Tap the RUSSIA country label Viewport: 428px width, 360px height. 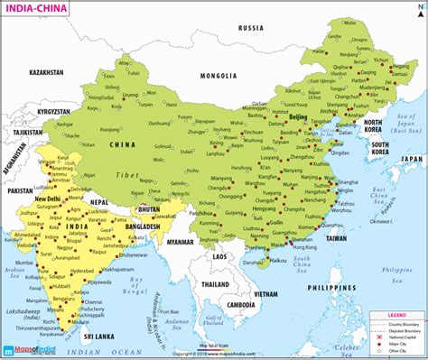click(250, 28)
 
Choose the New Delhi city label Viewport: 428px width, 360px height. click(51, 196)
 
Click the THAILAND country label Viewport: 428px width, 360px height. click(216, 284)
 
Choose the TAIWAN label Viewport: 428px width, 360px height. click(336, 238)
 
